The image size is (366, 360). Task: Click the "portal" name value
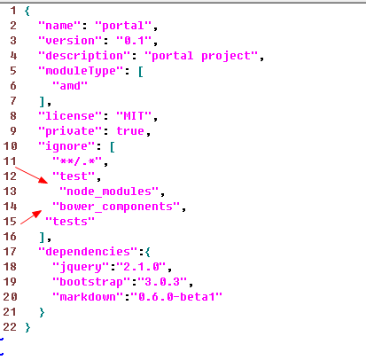[123, 26]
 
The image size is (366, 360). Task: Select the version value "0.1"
[134, 41]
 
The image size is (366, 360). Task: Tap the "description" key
[84, 56]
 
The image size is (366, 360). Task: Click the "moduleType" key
[81, 71]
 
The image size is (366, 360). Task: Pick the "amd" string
[70, 86]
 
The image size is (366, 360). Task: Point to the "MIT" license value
[134, 116]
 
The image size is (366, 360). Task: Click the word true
[130, 131]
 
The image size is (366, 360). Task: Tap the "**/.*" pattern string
[77, 161]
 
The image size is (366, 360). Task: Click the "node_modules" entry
[109, 192]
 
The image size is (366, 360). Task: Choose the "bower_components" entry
[116, 207]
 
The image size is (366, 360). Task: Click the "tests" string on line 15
[70, 222]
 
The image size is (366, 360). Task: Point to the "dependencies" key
[88, 252]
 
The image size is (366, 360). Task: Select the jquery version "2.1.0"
[141, 267]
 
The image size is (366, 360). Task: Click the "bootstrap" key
[91, 282]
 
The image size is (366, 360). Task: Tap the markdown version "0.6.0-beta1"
[176, 297]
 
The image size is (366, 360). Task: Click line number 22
[10, 327]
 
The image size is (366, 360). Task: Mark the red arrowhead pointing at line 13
[43, 180]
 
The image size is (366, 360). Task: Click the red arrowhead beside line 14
[37, 214]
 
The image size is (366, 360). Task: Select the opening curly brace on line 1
[27, 12]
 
